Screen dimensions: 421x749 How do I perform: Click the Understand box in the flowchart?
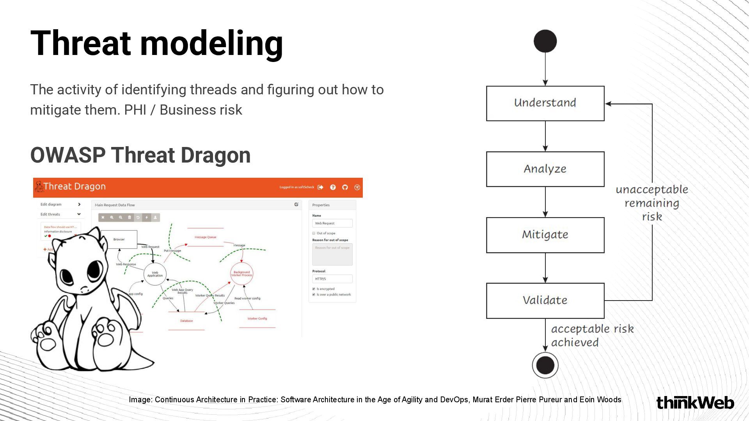coord(545,103)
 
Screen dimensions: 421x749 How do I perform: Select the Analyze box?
coord(545,169)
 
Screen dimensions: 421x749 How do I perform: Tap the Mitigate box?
coord(545,235)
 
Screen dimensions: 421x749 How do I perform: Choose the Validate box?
coord(545,300)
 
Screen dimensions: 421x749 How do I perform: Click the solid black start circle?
coord(545,41)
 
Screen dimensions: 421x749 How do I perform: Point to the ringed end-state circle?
coord(545,365)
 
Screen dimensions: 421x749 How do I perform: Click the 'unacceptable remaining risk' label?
coord(651,203)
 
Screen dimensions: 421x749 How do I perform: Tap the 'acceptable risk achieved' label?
coord(592,336)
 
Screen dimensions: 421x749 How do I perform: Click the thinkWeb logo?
coord(695,403)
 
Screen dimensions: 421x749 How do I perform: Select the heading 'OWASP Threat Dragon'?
coord(140,155)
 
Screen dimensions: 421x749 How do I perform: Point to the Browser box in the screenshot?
coord(119,239)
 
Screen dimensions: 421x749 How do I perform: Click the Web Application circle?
coord(155,274)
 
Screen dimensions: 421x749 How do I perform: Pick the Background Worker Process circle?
coord(241,274)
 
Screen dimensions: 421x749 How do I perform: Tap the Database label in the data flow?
coord(186,321)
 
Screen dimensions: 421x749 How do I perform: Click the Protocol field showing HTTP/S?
coord(332,279)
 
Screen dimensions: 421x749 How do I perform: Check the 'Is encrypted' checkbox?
coord(314,289)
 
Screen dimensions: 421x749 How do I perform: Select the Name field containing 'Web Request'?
coord(332,223)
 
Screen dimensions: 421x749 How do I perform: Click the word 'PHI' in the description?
coord(135,110)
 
